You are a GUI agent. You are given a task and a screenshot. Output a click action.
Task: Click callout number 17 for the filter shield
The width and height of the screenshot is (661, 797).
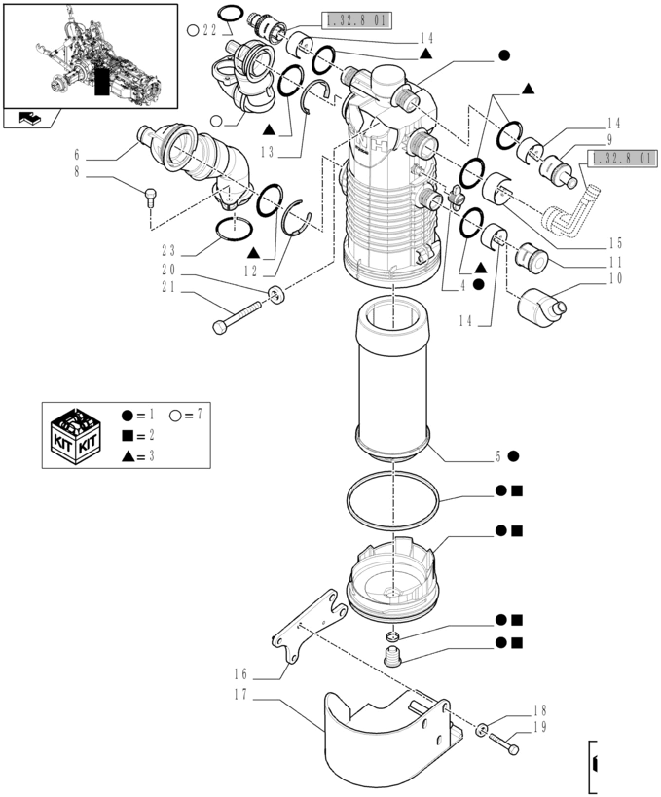coord(240,695)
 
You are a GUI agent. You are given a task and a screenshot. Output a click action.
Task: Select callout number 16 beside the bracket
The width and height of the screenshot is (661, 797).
coord(240,674)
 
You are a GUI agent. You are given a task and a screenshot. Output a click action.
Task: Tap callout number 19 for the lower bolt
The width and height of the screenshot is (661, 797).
coord(540,727)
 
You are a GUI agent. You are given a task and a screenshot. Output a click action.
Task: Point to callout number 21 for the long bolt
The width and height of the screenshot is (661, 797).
coord(168,288)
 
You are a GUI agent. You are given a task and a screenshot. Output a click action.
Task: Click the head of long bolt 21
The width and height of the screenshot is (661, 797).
coord(219,327)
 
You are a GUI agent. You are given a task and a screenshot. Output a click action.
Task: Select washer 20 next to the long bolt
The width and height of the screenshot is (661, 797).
coord(276,295)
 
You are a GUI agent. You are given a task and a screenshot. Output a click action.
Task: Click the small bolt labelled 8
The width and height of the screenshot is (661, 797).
coord(151,197)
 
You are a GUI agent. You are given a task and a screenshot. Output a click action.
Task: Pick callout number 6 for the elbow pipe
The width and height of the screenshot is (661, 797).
coord(77,155)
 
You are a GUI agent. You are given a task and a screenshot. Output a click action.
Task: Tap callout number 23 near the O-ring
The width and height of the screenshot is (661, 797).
coord(168,251)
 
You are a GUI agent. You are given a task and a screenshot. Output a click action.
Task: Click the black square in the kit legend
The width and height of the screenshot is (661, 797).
coord(128,436)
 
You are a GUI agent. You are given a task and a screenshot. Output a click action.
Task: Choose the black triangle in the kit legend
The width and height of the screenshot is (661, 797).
coord(129,456)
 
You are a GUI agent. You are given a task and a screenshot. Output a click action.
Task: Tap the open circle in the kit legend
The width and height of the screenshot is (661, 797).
coord(176,416)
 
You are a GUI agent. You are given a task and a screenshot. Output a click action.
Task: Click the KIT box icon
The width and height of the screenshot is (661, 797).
coord(76,436)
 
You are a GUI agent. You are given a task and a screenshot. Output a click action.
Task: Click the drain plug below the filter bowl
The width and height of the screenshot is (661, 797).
coord(392,657)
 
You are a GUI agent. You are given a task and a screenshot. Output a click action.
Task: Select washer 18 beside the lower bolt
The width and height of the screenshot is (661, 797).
coord(481,731)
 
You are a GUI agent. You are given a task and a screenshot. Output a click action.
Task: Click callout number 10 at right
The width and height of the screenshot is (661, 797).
coord(615,278)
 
